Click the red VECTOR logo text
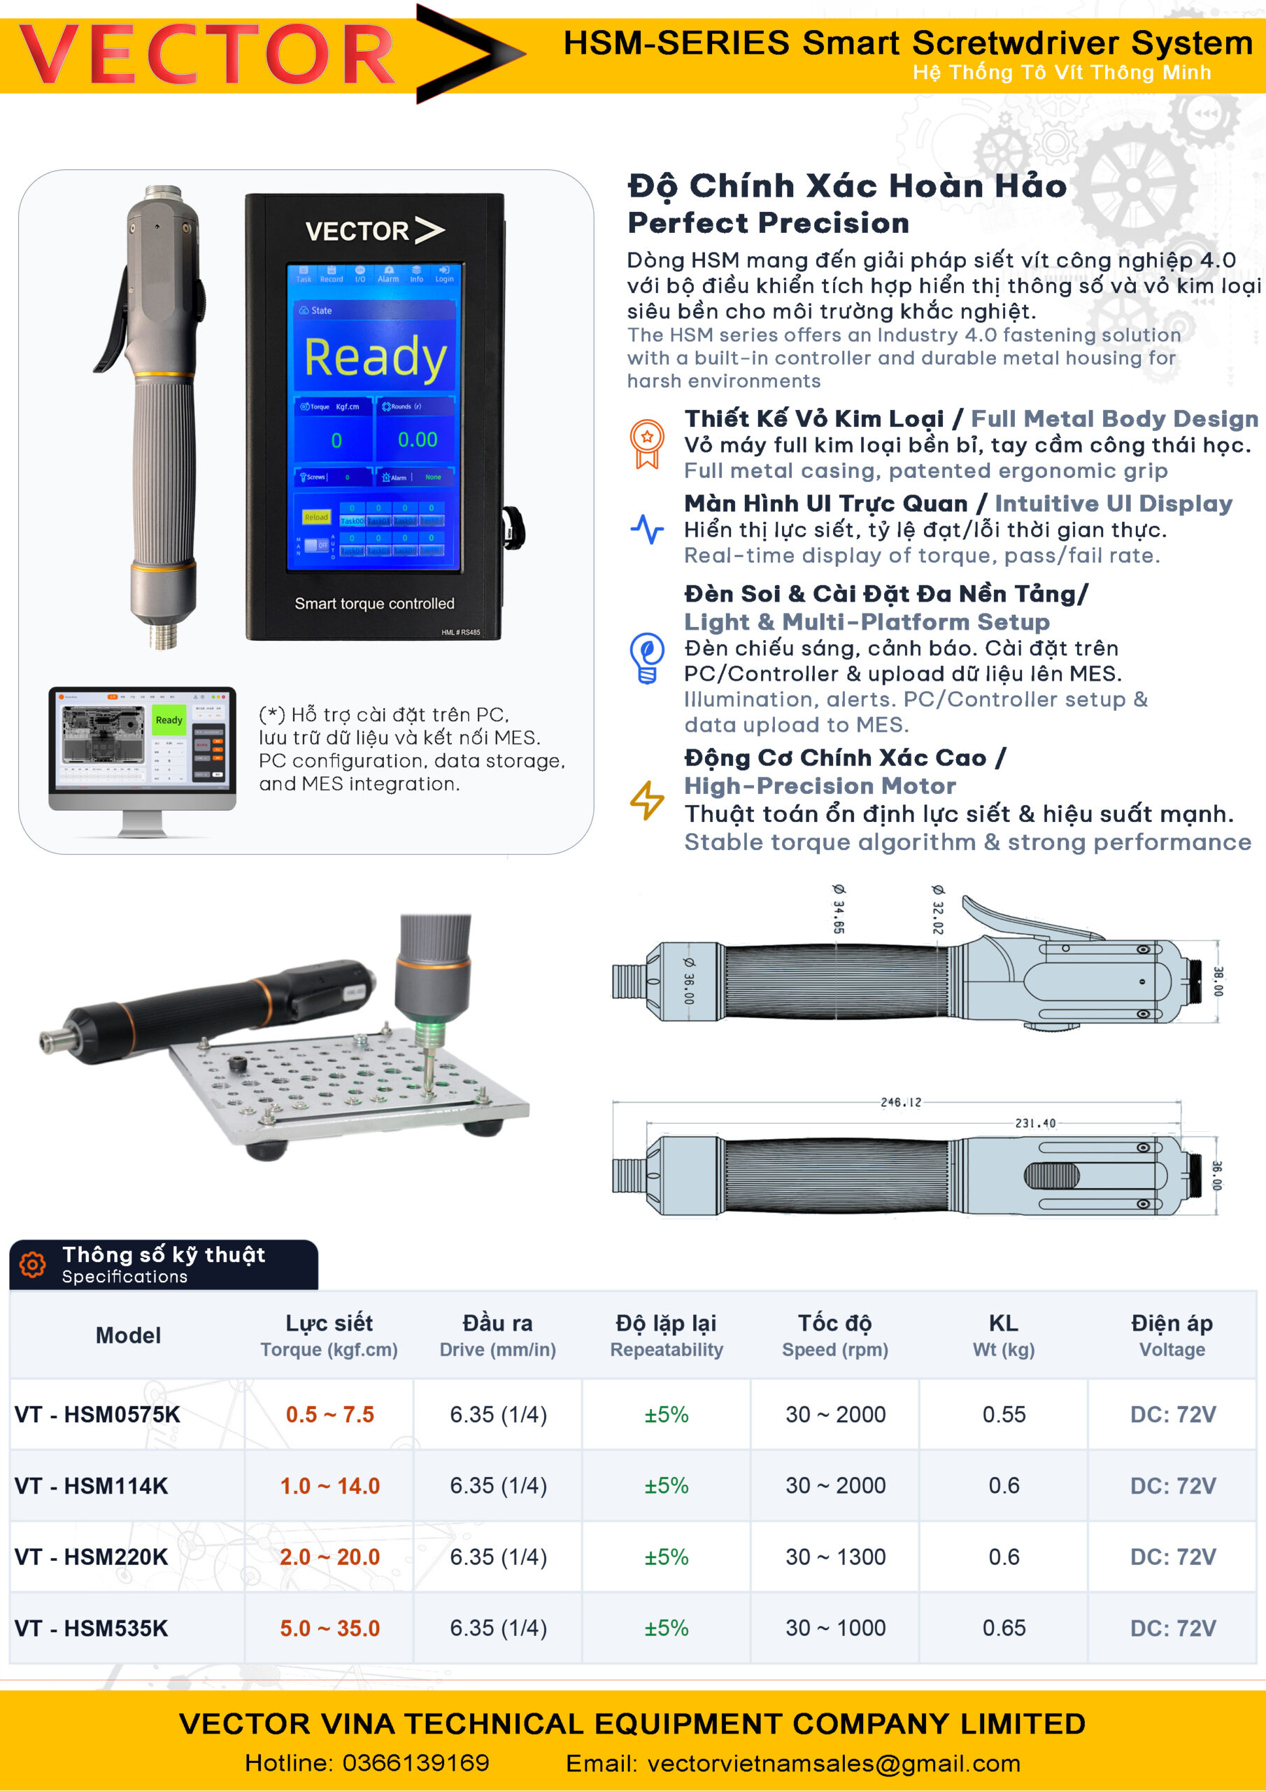207,55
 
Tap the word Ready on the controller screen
375,357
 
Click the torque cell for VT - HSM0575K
329,1414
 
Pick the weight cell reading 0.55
1003,1414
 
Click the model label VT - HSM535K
91,1628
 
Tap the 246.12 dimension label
900,1102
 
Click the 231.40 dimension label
1034,1124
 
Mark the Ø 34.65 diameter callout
838,909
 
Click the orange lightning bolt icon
647,800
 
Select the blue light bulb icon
647,658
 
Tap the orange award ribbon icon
647,443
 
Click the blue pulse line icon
647,529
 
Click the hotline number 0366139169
415,1762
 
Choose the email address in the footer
833,1763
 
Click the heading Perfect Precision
768,223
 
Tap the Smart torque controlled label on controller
374,603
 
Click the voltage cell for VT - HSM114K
1172,1485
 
